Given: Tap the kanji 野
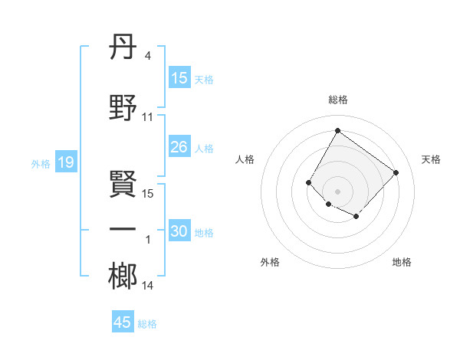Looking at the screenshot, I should point(123,107).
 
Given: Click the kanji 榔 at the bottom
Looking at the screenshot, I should point(123,276).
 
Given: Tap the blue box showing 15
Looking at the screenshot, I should point(179,78).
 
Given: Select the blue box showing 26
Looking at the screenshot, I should point(179,147).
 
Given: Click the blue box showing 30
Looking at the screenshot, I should point(179,232).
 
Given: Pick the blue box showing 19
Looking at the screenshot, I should point(65,162).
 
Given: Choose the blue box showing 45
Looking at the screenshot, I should point(123,322).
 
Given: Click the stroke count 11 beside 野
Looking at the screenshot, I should point(148,117).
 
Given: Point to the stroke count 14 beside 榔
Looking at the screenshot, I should point(148,286).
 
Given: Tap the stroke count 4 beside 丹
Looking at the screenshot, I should point(148,55).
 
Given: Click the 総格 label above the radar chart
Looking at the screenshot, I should point(337,100).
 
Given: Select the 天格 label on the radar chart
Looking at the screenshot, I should point(432,159).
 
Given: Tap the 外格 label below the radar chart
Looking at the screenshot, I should point(270,262).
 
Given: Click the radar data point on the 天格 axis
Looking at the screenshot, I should point(396,172).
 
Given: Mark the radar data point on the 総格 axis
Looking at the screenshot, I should point(337,131).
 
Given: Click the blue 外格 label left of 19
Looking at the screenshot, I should point(40,163).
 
